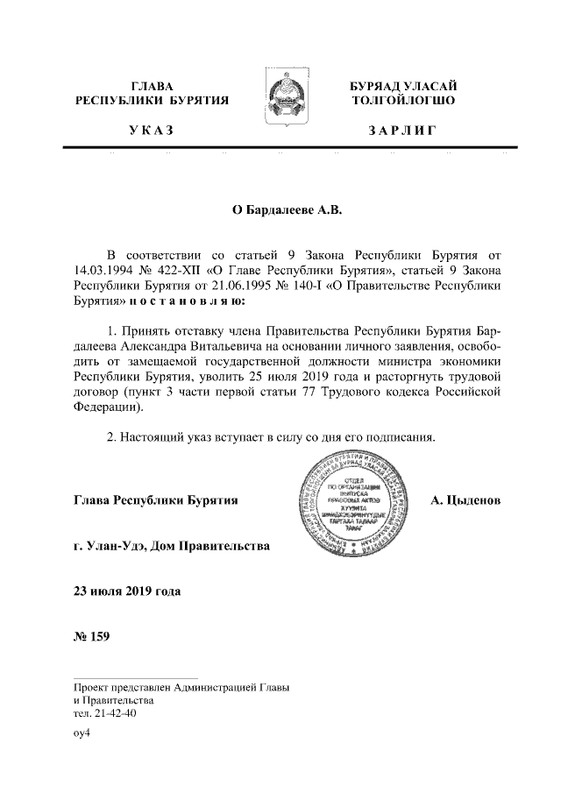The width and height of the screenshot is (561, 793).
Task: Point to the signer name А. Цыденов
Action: (465, 502)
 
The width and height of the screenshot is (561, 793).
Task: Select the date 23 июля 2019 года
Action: (127, 591)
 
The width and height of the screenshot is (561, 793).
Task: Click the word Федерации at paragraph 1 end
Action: (108, 408)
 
